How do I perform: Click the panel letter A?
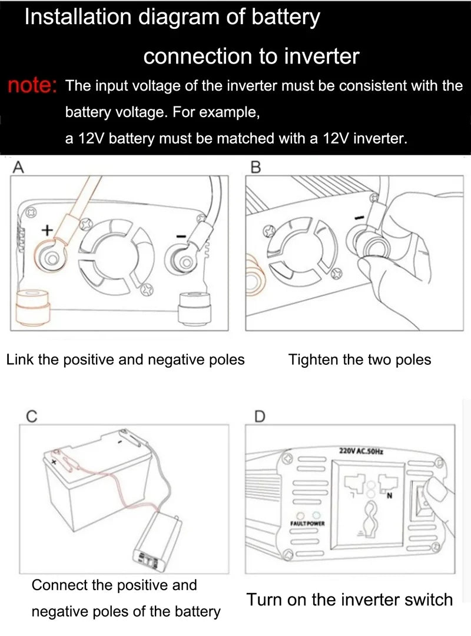18,167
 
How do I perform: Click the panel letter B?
256,167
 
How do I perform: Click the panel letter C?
32,416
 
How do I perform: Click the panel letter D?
260,416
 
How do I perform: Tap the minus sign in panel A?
181,237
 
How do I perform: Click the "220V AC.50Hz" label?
361,451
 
